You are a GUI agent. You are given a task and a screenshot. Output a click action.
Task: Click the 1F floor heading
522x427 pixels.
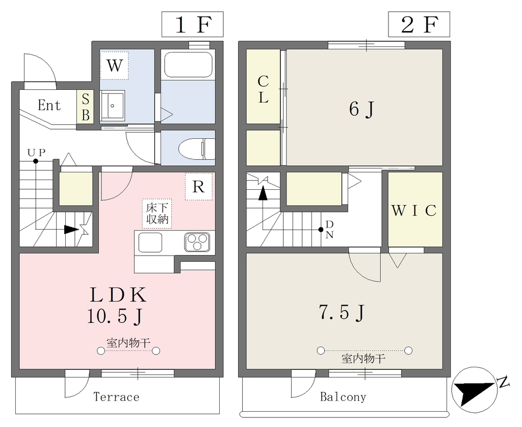(x=192, y=24)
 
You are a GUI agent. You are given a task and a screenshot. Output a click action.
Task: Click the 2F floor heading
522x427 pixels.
(x=419, y=24)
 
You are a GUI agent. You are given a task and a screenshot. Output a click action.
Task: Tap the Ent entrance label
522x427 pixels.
(x=49, y=106)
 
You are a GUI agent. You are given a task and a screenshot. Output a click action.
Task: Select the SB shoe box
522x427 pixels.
(x=86, y=107)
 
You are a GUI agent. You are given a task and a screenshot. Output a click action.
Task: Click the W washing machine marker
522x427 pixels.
(x=114, y=65)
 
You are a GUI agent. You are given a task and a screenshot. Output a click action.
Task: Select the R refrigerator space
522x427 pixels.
(x=198, y=187)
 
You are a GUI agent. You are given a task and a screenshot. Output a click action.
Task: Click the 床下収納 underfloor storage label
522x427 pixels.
(x=157, y=213)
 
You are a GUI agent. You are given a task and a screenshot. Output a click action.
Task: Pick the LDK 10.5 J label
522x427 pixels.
(x=117, y=305)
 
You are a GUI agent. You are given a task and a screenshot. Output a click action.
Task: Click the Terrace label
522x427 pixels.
(x=116, y=397)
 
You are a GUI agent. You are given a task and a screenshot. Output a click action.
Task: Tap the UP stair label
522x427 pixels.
(x=36, y=153)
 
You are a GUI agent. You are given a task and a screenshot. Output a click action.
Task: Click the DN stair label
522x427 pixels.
(x=329, y=229)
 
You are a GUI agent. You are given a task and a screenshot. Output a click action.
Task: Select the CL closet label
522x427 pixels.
(x=264, y=89)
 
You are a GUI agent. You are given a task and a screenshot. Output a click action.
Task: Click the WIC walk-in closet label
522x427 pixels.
(x=414, y=210)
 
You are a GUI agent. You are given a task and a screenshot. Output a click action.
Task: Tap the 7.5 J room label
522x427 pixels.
(x=342, y=312)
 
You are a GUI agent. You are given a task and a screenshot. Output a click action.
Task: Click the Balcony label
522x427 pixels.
(x=343, y=397)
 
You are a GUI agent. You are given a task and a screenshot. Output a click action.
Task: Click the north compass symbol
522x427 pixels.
(x=476, y=390)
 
